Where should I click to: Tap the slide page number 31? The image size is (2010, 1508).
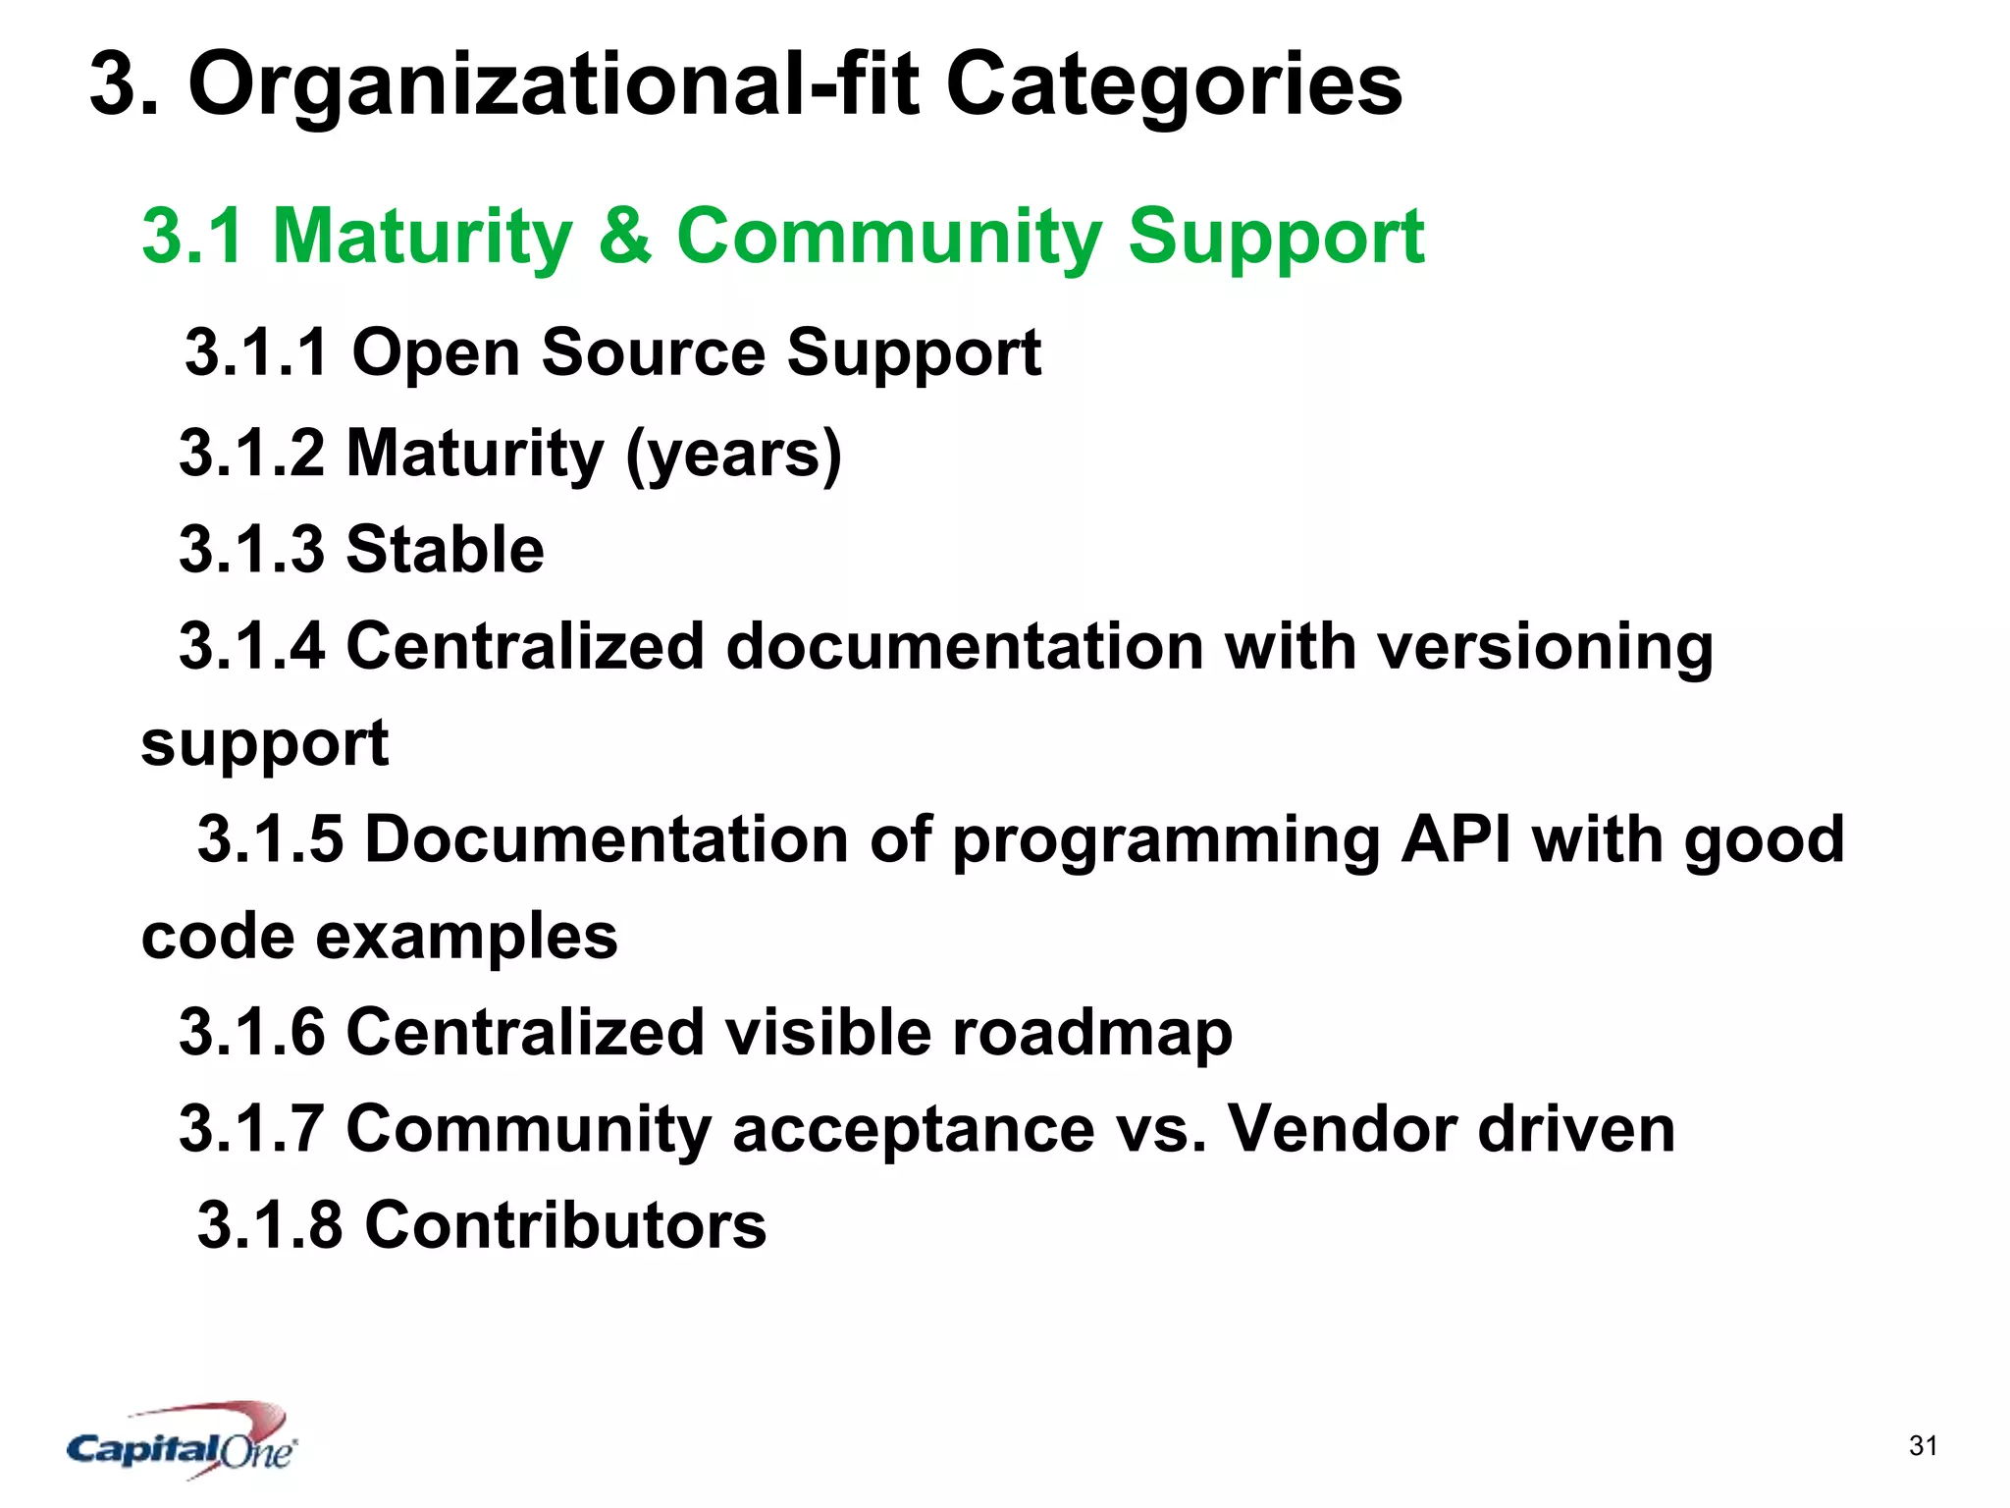pyautogui.click(x=1923, y=1445)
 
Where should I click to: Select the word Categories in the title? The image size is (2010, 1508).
pyautogui.click(x=1173, y=85)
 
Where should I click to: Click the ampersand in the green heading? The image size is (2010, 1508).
pyautogui.click(x=624, y=236)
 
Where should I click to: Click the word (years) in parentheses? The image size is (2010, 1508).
pyautogui.click(x=733, y=454)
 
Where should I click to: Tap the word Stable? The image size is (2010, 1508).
pyautogui.click(x=445, y=549)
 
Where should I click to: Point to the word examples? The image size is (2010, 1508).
pyautogui.click(x=466, y=937)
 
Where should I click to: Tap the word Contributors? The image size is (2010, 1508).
pyautogui.click(x=565, y=1225)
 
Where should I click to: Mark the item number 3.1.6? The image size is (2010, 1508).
pyautogui.click(x=251, y=1033)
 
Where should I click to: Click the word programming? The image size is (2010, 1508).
pyautogui.click(x=1166, y=840)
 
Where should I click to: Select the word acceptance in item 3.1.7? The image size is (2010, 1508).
pyautogui.click(x=913, y=1129)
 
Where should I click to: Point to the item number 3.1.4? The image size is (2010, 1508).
pyautogui.click(x=251, y=647)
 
